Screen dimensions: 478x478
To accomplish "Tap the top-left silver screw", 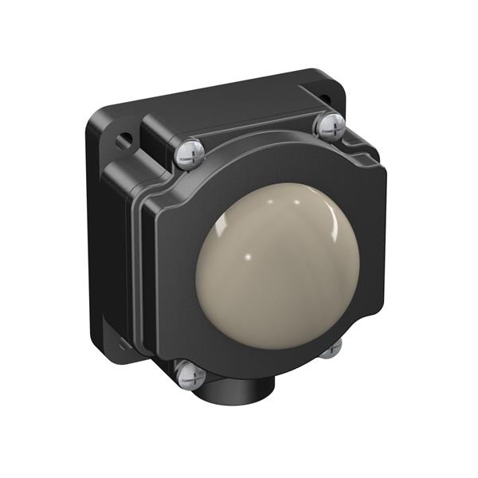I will pos(189,153).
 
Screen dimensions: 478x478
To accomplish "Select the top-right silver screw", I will pos(329,125).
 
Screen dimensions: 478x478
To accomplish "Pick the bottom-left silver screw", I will pos(190,374).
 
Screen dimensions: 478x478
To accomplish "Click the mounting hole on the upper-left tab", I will pos(123,142).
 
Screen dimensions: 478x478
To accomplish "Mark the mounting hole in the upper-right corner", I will pos(325,98).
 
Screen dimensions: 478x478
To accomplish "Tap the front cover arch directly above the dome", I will pos(263,167).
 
